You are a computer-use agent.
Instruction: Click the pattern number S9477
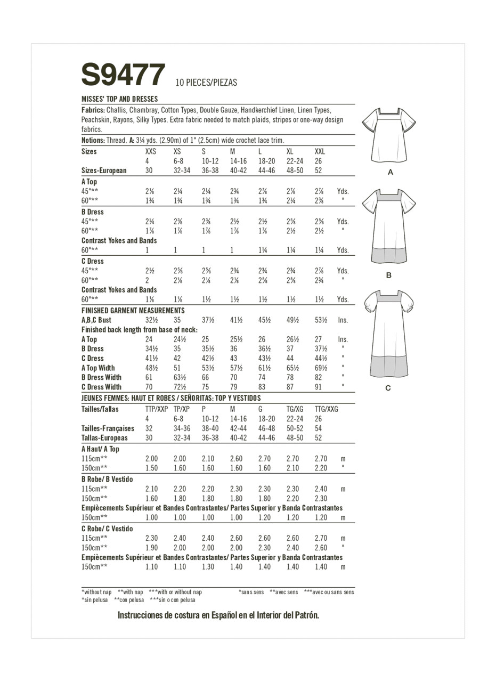click(x=123, y=75)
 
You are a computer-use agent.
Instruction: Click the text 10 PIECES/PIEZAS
click(x=206, y=83)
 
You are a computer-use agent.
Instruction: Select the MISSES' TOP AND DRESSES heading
click(x=119, y=99)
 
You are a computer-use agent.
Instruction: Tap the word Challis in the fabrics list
click(x=116, y=110)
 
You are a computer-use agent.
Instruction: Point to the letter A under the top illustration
click(x=391, y=173)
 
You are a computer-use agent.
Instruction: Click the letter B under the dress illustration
click(x=389, y=275)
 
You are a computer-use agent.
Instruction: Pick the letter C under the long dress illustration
click(x=388, y=388)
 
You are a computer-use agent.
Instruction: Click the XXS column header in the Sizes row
click(x=151, y=151)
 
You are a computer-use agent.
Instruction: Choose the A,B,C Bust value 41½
click(x=236, y=320)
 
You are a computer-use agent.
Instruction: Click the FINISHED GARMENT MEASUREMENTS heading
click(x=133, y=311)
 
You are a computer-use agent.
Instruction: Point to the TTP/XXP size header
click(x=157, y=409)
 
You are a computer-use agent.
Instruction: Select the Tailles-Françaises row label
click(x=108, y=428)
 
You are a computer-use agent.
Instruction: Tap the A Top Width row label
click(x=98, y=368)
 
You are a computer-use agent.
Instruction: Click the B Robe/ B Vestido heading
click(x=107, y=479)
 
